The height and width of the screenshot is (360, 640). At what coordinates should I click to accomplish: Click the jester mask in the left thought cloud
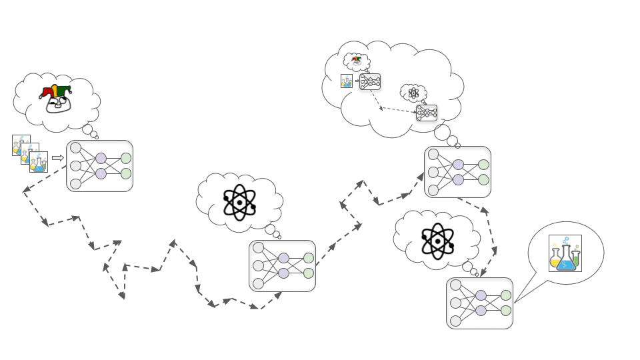click(56, 97)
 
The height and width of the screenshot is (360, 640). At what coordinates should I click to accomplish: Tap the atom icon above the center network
click(239, 201)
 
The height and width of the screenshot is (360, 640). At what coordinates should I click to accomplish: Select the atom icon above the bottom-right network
click(437, 241)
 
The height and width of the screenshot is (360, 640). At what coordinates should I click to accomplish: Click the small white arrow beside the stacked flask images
click(58, 158)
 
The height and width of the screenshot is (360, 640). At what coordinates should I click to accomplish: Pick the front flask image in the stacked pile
click(39, 162)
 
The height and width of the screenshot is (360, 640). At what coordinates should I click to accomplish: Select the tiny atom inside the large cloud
click(413, 93)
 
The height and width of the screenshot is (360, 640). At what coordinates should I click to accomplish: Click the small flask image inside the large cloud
click(347, 81)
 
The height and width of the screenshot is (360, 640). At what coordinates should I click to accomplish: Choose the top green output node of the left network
click(126, 158)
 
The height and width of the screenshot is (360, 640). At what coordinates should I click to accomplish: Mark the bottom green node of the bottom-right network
click(506, 310)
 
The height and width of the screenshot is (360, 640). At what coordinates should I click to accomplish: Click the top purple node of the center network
click(283, 258)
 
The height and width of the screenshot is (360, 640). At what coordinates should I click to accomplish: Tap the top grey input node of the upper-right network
click(433, 155)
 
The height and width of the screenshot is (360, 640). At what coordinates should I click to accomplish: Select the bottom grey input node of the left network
click(75, 183)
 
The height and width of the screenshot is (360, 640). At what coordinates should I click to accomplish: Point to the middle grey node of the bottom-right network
click(455, 303)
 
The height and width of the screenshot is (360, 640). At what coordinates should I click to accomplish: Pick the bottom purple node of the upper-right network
click(458, 179)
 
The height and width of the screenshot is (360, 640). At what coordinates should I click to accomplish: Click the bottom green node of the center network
click(309, 273)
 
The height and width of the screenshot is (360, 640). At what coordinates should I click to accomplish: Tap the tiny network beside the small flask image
click(370, 81)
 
